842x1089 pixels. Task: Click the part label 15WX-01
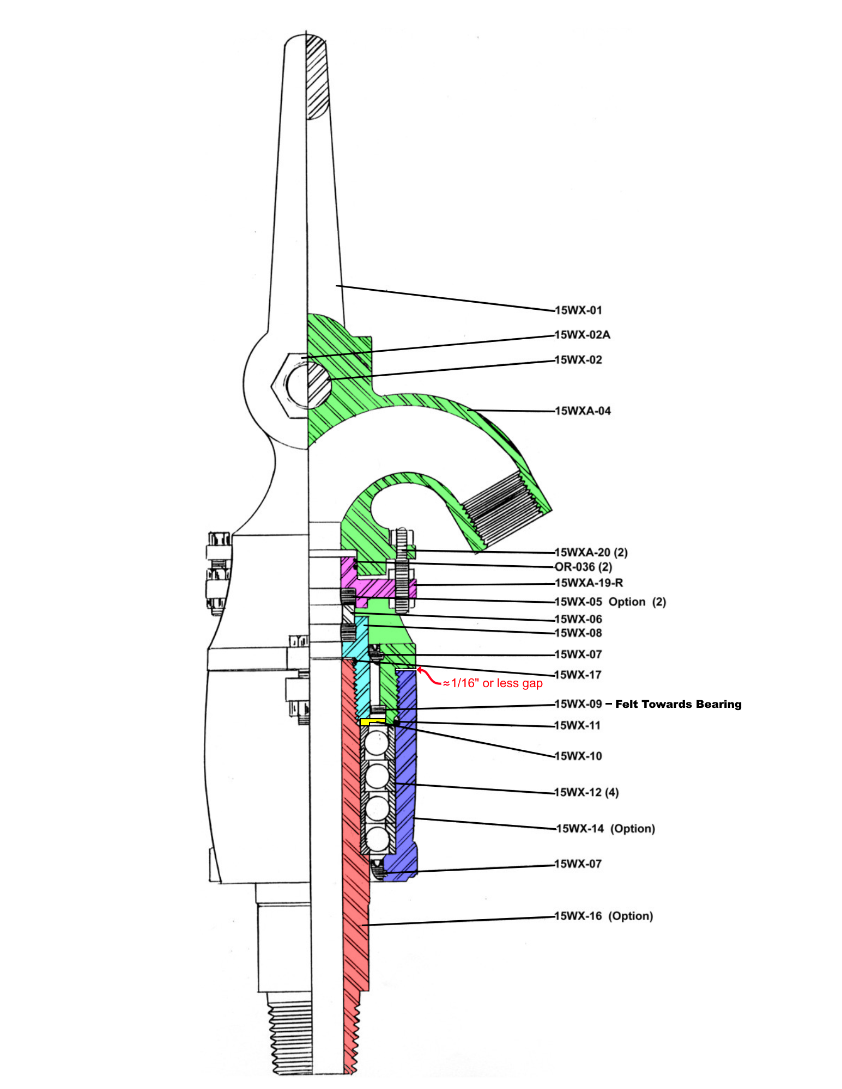pyautogui.click(x=578, y=310)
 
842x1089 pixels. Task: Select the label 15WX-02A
pyautogui.click(x=582, y=335)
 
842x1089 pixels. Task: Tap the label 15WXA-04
pyautogui.click(x=583, y=411)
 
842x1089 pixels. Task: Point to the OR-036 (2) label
pyautogui.click(x=583, y=567)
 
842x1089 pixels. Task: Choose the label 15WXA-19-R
pyautogui.click(x=589, y=583)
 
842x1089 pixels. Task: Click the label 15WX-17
pyautogui.click(x=578, y=675)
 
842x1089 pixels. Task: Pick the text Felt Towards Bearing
pyautogui.click(x=679, y=704)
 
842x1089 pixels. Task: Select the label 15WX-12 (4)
pyautogui.click(x=586, y=792)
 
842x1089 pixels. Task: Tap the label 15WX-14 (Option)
pyautogui.click(x=605, y=829)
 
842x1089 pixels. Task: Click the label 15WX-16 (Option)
pyautogui.click(x=603, y=916)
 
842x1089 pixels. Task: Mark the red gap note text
pyautogui.click(x=493, y=683)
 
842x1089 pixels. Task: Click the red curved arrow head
pyautogui.click(x=420, y=669)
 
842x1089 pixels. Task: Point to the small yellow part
pyautogui.click(x=372, y=722)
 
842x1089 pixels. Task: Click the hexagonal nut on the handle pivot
pyautogui.click(x=290, y=385)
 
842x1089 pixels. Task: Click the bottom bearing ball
pyautogui.click(x=377, y=839)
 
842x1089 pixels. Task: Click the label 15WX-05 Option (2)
pyautogui.click(x=610, y=602)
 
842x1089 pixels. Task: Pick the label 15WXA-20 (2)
pyautogui.click(x=591, y=553)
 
